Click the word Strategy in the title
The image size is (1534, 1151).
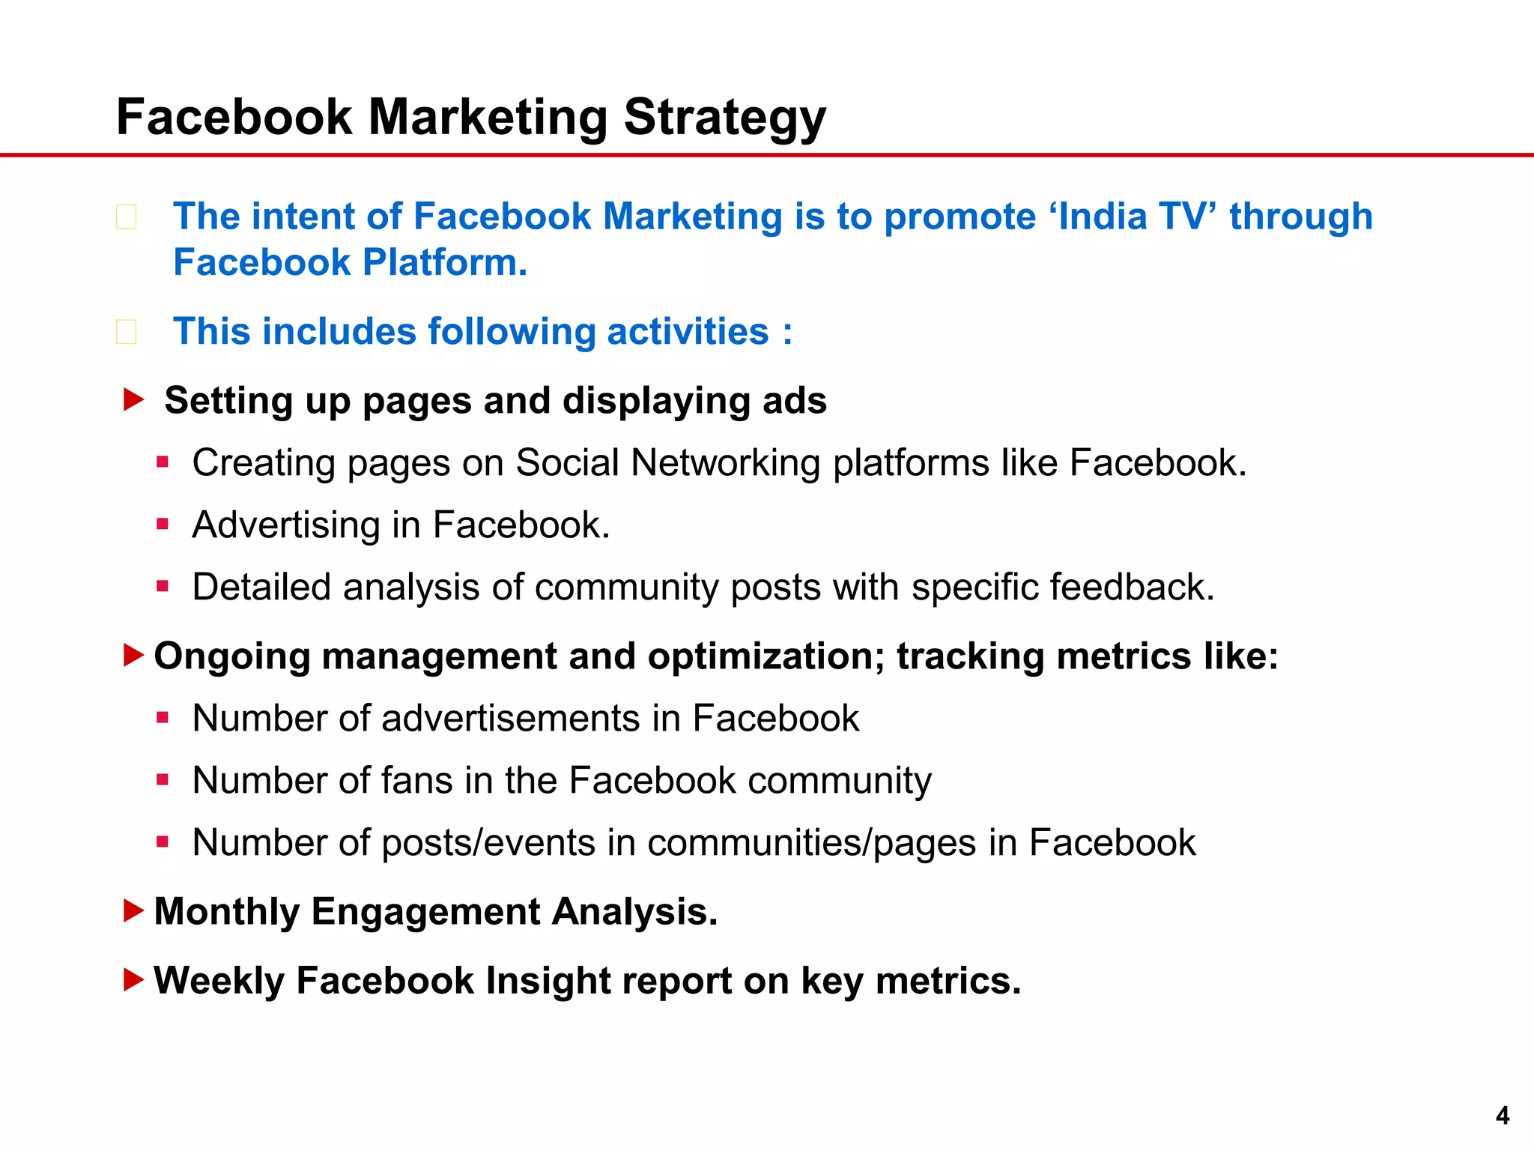pyautogui.click(x=724, y=118)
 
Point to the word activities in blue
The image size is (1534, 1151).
pyautogui.click(x=688, y=332)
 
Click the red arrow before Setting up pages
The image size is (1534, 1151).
pyautogui.click(x=133, y=399)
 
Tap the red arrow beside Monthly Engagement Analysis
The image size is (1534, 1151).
pyautogui.click(x=133, y=911)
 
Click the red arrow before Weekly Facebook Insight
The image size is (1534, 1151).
pyautogui.click(x=133, y=979)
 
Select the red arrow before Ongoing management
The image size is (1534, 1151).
pyautogui.click(x=133, y=656)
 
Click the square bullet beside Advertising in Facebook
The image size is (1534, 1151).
pyautogui.click(x=163, y=524)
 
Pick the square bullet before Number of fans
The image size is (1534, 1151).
pyautogui.click(x=163, y=780)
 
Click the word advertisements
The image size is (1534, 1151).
pyautogui.click(x=510, y=719)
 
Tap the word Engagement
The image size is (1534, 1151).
pyautogui.click(x=425, y=913)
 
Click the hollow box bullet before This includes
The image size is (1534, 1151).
pyautogui.click(x=126, y=332)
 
